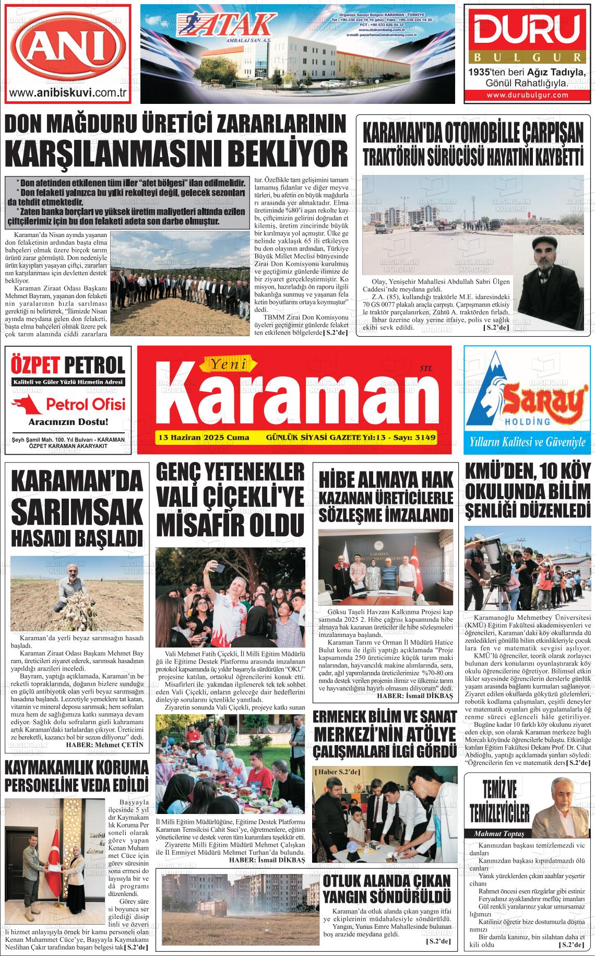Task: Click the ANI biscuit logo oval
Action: click(67, 50)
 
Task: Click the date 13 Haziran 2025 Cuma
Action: click(204, 436)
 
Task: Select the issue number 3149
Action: click(424, 436)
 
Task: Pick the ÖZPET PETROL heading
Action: click(67, 365)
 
